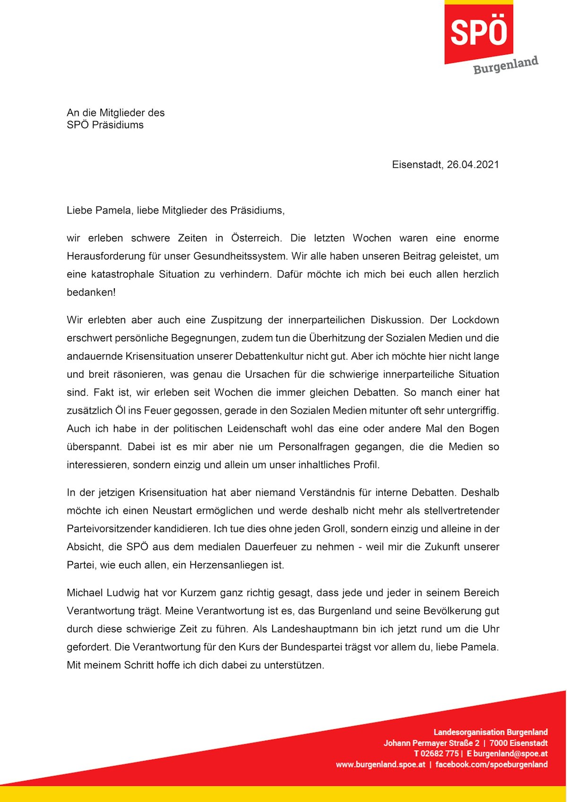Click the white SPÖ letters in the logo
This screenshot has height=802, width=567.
pos(479,32)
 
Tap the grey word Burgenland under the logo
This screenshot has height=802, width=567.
pos(506,65)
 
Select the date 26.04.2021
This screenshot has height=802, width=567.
pos(472,164)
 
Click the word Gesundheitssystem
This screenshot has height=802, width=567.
pos(240,256)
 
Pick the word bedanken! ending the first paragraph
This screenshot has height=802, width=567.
pos(91,293)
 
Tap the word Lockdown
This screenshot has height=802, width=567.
pos(475,320)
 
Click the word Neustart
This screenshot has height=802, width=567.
pos(172,511)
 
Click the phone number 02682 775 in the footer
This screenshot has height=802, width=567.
pos(439,754)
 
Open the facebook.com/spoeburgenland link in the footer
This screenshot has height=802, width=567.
pos(491,765)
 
